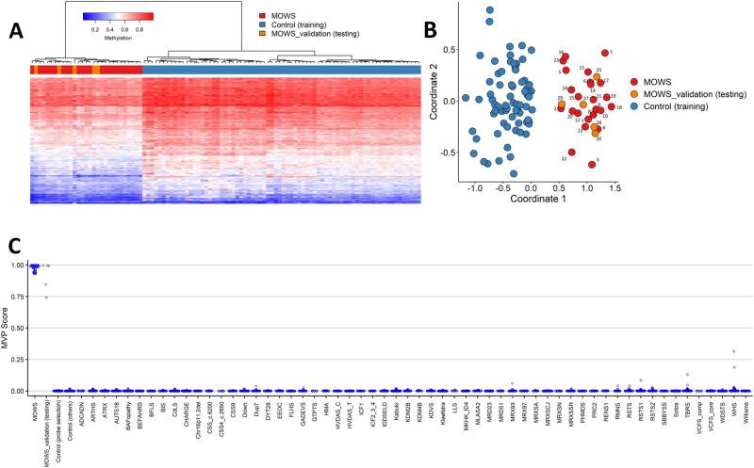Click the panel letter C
coord(14,246)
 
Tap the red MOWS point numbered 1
coord(605,53)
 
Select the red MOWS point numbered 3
coord(592,164)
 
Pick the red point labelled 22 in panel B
coord(572,152)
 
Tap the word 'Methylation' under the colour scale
coord(117,39)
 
